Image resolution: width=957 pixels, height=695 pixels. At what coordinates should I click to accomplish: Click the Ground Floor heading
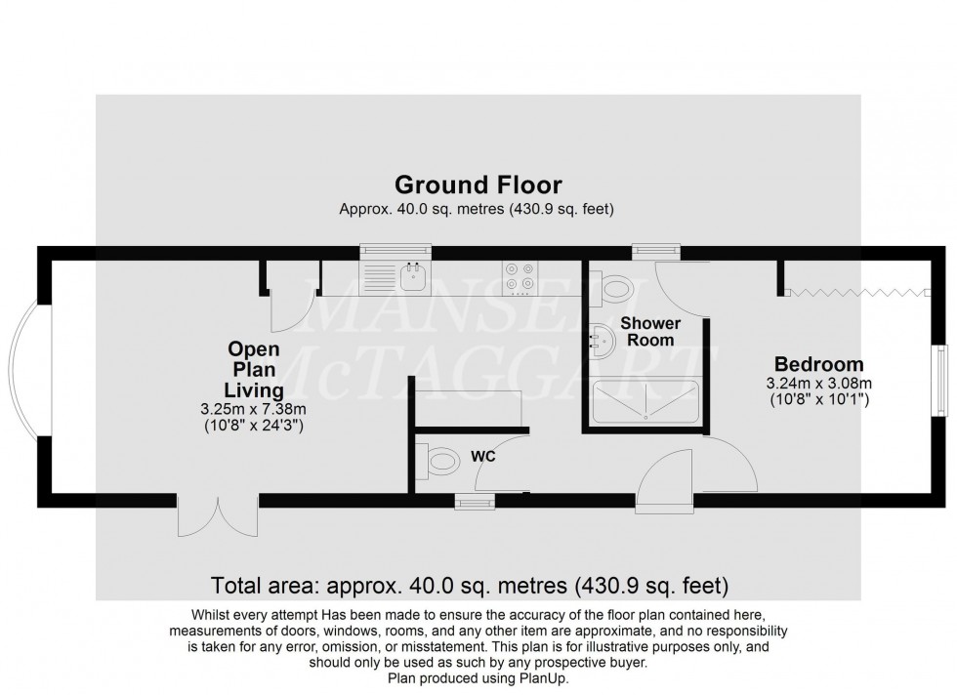pyautogui.click(x=478, y=184)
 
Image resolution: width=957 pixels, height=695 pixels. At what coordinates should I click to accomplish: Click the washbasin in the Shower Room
pyautogui.click(x=600, y=341)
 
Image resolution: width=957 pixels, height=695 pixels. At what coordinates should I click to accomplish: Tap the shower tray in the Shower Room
pyautogui.click(x=645, y=400)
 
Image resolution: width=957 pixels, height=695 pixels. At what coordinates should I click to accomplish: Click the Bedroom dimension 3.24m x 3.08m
pyautogui.click(x=818, y=383)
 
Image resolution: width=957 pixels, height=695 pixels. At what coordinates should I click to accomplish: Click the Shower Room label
pyautogui.click(x=650, y=331)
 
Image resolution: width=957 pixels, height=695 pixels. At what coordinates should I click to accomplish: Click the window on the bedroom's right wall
pyautogui.click(x=940, y=379)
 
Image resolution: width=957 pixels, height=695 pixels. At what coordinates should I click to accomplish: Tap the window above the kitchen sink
pyautogui.click(x=387, y=252)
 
